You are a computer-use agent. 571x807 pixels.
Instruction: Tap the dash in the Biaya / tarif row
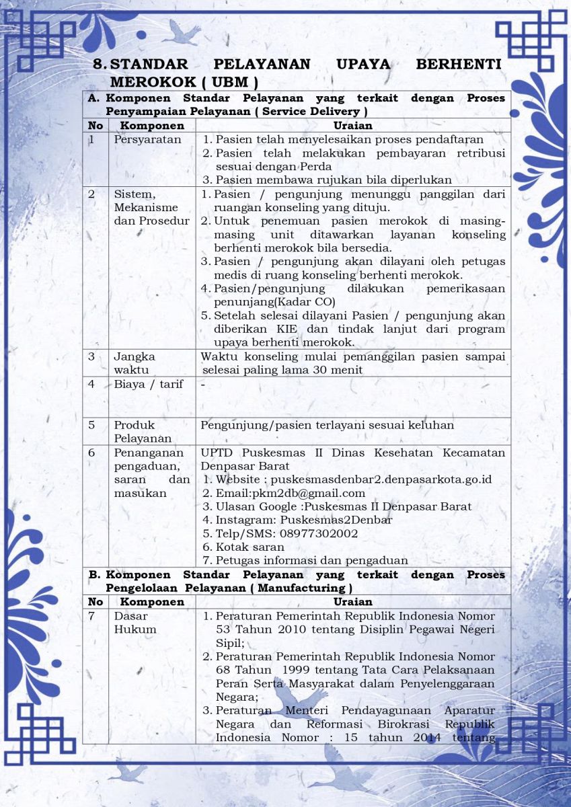(202, 384)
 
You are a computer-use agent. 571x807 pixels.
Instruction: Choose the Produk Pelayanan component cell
(143, 432)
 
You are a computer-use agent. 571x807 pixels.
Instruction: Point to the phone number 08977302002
(319, 533)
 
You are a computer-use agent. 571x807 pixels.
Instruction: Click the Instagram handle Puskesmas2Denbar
(336, 520)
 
